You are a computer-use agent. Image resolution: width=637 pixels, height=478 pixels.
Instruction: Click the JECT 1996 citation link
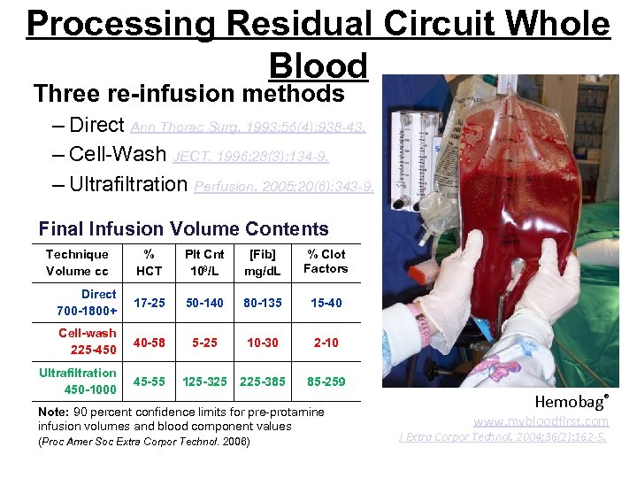click(x=251, y=156)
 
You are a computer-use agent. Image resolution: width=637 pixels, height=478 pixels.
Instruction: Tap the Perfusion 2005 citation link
click(x=283, y=186)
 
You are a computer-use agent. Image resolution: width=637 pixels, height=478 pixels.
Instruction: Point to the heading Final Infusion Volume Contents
click(x=183, y=229)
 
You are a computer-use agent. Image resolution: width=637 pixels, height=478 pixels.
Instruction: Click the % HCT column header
click(x=148, y=262)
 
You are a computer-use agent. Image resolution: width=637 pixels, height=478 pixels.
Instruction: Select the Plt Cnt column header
click(x=203, y=262)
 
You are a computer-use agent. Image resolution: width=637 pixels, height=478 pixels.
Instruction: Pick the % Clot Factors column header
click(x=326, y=261)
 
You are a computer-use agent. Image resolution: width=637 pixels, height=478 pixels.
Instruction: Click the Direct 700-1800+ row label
click(x=87, y=303)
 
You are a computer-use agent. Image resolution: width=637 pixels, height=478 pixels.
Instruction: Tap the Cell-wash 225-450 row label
click(x=87, y=342)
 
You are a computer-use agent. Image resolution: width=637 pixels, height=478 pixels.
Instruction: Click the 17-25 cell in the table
click(x=148, y=303)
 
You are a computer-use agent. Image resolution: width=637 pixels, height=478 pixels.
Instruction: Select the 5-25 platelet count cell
click(x=203, y=342)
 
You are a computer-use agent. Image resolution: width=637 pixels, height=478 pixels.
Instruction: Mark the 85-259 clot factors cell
click(x=326, y=382)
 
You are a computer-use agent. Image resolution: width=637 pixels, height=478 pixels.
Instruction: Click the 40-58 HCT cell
click(x=148, y=342)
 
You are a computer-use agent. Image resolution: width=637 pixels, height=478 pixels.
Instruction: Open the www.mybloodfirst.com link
click(x=541, y=422)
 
